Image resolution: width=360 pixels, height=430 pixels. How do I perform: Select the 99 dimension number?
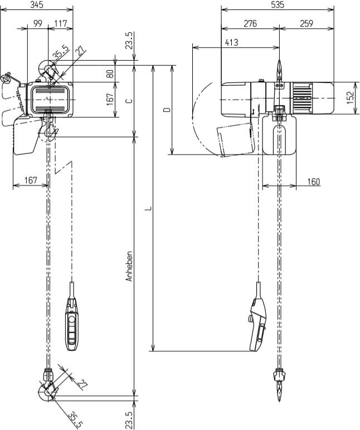coord(38,23)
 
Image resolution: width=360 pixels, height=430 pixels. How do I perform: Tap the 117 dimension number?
coord(61,23)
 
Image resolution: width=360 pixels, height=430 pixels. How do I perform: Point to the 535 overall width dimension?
coord(277,4)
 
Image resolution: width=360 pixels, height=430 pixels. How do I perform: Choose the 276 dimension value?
coord(249,23)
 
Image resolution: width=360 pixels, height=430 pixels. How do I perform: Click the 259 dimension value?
coord(305,23)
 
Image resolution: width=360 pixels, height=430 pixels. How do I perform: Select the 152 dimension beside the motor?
coord(350,98)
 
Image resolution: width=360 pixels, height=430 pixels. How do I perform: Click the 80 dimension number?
coord(110,72)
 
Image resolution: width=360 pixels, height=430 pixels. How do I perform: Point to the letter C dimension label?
coord(129,101)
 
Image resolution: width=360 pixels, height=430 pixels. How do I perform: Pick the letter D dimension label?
coord(166,110)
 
